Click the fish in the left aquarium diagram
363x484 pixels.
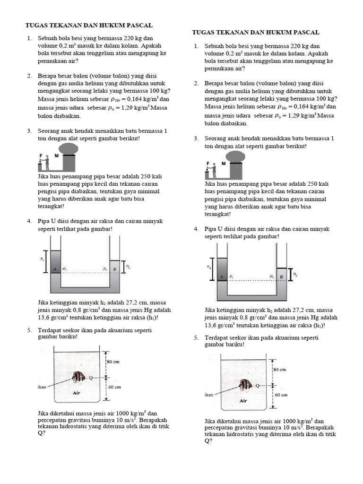[x=78, y=378]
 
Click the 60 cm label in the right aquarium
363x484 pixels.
[x=282, y=394]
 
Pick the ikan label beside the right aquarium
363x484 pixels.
[x=209, y=394]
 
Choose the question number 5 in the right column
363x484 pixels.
[x=196, y=338]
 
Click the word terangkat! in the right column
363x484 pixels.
[x=219, y=214]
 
